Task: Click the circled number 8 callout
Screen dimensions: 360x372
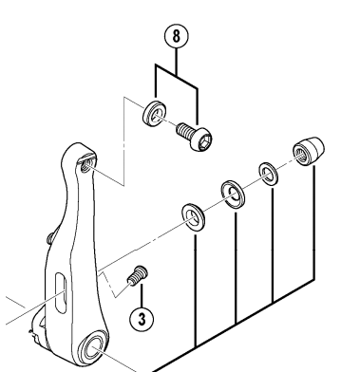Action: [x=177, y=36]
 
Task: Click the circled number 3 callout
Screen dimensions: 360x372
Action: [x=142, y=319]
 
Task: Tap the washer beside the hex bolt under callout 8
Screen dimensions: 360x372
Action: [x=155, y=113]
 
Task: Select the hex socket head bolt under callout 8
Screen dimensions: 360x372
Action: [x=194, y=137]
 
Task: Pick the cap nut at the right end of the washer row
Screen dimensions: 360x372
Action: [x=309, y=151]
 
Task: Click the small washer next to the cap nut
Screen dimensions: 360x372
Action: [x=269, y=174]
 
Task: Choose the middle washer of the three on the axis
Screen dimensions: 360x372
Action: [x=233, y=195]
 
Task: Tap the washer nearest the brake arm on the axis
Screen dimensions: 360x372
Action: [x=193, y=217]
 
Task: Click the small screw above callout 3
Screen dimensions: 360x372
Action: [x=138, y=275]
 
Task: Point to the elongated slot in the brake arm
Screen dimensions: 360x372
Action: [x=61, y=293]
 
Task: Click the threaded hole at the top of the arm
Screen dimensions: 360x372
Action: [x=85, y=165]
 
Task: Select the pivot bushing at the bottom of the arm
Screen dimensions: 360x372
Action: [x=93, y=348]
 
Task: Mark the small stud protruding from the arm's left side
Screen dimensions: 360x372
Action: [x=50, y=238]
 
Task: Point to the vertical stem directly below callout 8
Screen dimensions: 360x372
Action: [x=177, y=62]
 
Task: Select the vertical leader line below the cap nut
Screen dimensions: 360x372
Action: [x=313, y=222]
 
